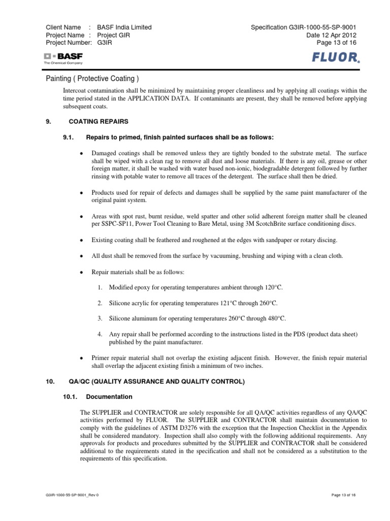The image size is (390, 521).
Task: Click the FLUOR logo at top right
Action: pyautogui.click(x=336, y=57)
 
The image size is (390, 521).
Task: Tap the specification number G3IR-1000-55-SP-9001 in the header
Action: pyautogui.click(x=330, y=27)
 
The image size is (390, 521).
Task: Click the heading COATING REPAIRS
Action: pyautogui.click(x=99, y=122)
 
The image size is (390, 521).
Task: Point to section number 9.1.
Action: pyautogui.click(x=68, y=137)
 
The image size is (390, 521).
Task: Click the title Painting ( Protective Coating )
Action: pyautogui.click(x=92, y=78)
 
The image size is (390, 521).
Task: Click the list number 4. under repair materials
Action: pyautogui.click(x=100, y=334)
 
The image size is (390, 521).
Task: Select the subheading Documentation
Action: pyautogui.click(x=109, y=396)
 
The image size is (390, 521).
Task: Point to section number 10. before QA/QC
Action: pyautogui.click(x=50, y=381)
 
